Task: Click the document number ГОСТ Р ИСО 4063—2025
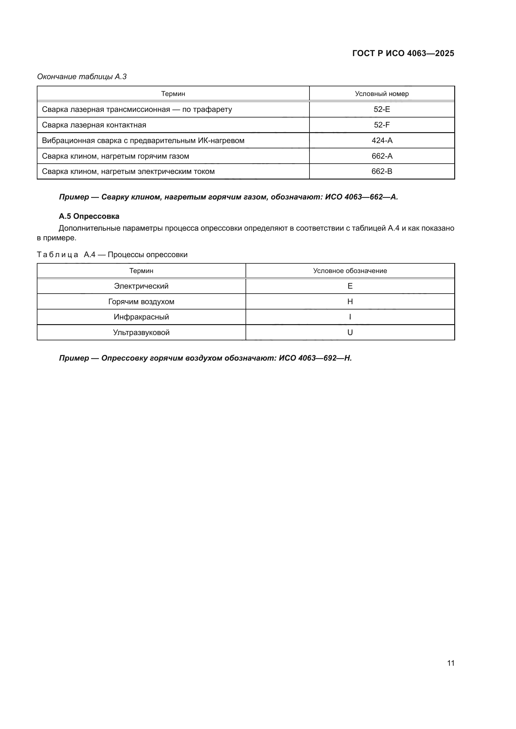coord(403,53)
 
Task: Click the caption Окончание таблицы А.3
coord(82,77)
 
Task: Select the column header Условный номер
coord(382,94)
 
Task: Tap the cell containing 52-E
coord(382,109)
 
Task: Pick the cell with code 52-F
coord(382,125)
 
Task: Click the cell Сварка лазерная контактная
coord(94,125)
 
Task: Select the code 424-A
coord(382,140)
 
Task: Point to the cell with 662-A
coord(382,156)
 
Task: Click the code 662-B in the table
coord(382,171)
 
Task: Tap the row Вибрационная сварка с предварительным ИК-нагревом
coord(143,140)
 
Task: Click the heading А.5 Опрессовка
coord(89,216)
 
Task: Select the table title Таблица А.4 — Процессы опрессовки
coord(112,255)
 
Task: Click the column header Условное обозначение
coord(350,271)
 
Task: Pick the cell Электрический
coord(141,286)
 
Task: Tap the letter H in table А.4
coord(350,302)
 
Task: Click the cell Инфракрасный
coord(141,317)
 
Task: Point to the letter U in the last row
coord(350,333)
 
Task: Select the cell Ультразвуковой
coord(141,333)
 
